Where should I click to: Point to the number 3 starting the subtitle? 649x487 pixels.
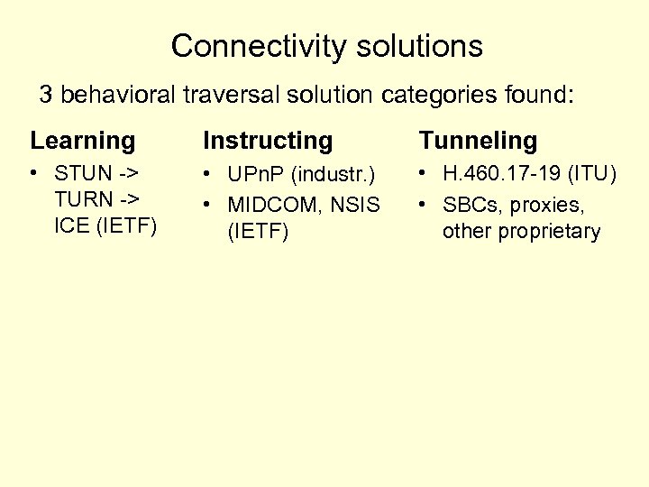click(x=45, y=95)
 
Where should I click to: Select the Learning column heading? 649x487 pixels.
click(x=82, y=141)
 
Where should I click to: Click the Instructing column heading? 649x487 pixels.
click(x=268, y=141)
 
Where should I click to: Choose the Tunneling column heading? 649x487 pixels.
click(x=478, y=141)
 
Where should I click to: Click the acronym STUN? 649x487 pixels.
click(x=83, y=172)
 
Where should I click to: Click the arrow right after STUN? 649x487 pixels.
click(x=129, y=172)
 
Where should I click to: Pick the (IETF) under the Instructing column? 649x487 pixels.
click(x=258, y=232)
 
